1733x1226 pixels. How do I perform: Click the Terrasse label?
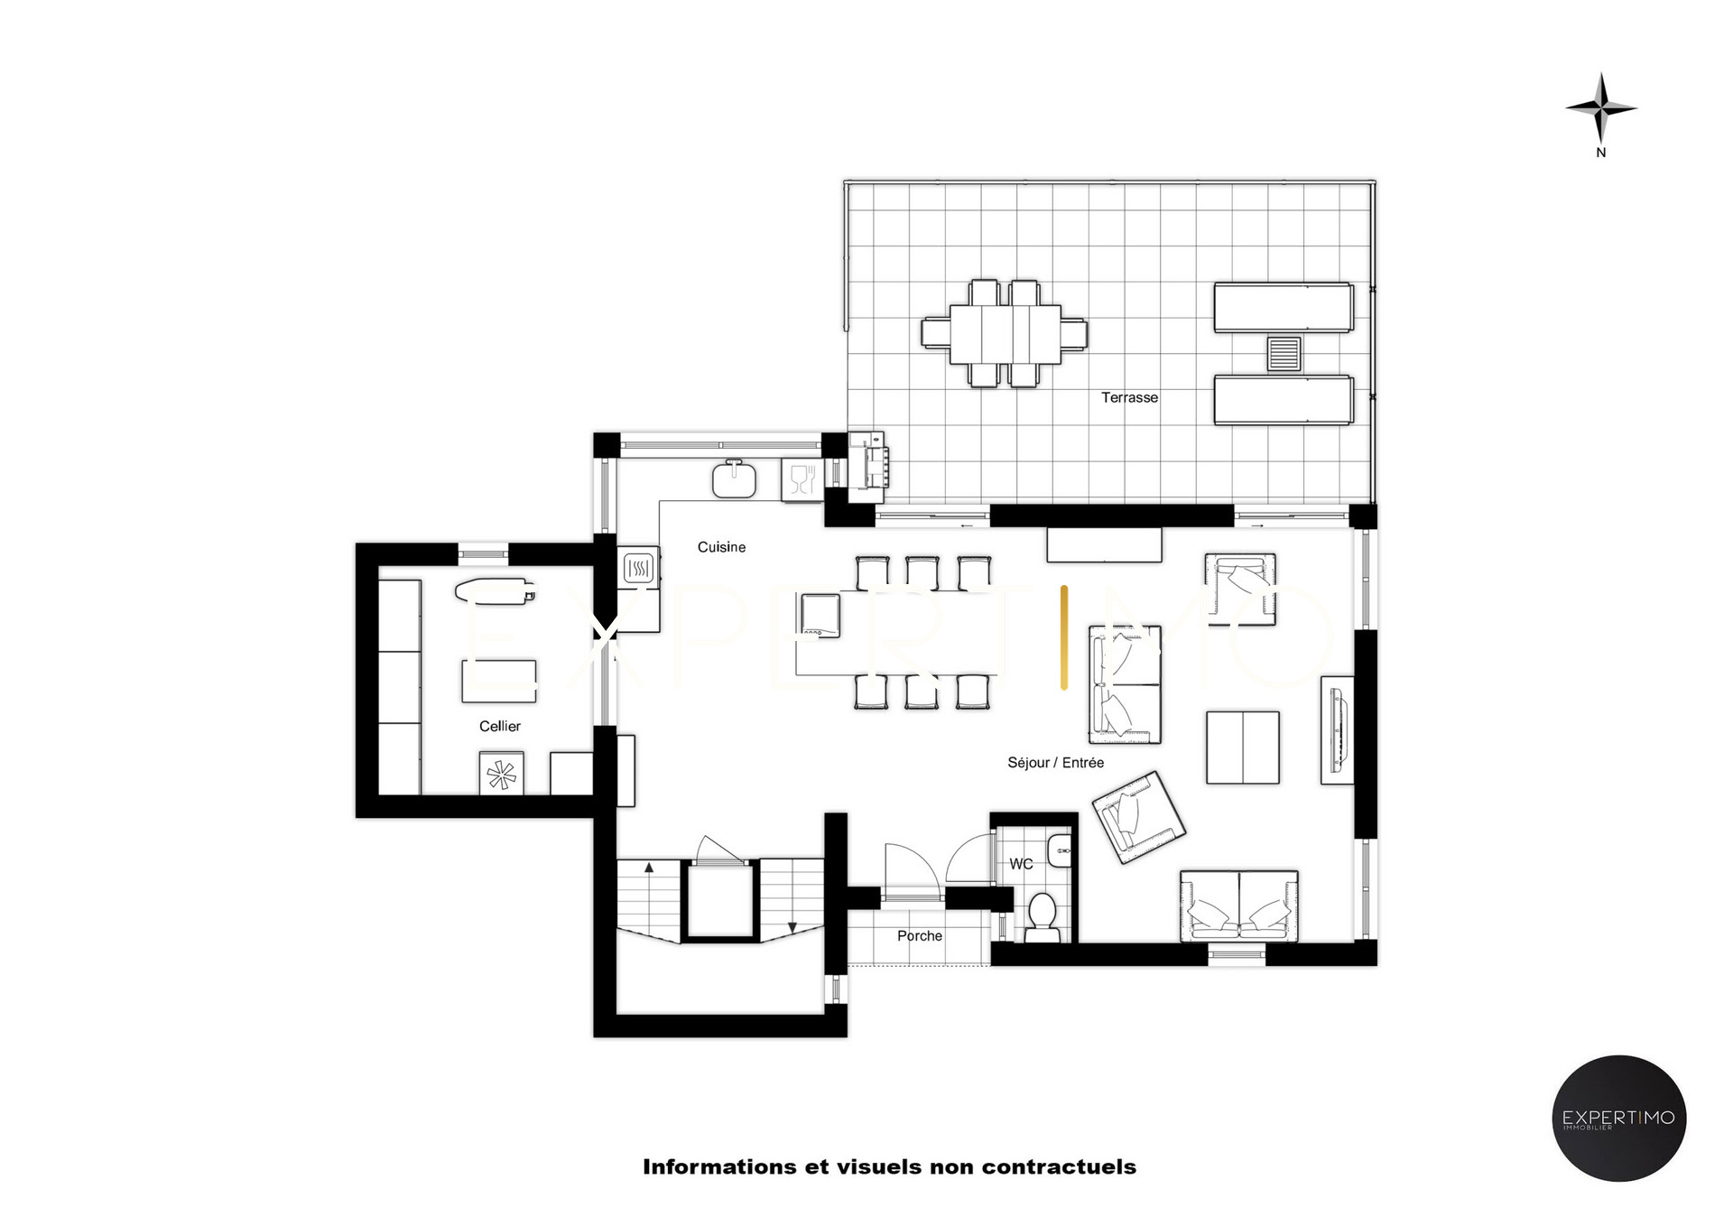tap(1129, 397)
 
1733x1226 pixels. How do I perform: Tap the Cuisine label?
tap(721, 547)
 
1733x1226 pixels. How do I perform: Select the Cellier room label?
tap(500, 726)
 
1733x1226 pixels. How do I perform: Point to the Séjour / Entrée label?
tap(1055, 763)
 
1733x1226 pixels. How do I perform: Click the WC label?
tap(1021, 864)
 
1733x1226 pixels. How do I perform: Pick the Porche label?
tap(920, 936)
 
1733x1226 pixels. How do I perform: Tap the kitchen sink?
tap(734, 478)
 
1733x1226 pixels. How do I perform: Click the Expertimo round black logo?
tap(1618, 1118)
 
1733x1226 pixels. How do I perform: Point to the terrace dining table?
tap(1004, 334)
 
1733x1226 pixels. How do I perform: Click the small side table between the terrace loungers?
tap(1284, 354)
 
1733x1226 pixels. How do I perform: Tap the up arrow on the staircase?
tap(649, 868)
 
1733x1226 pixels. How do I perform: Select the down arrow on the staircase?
tap(792, 926)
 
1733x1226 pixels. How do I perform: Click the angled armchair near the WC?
tap(1138, 816)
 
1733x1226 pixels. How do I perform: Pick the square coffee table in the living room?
tap(1243, 748)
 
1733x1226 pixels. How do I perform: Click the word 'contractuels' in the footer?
tap(1059, 1167)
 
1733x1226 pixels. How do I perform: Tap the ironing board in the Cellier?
tap(495, 592)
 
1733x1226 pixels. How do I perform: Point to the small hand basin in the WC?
tap(1059, 850)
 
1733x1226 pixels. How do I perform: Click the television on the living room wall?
tap(1338, 730)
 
